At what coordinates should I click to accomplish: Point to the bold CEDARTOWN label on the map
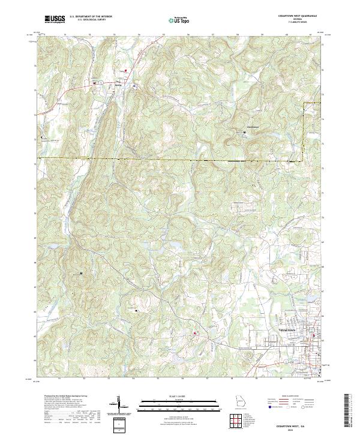pyautogui.click(x=288, y=330)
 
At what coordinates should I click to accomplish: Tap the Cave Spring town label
pyautogui.click(x=118, y=82)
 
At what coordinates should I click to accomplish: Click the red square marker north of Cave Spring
pyautogui.click(x=126, y=71)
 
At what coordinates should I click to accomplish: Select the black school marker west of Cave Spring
pyautogui.click(x=95, y=82)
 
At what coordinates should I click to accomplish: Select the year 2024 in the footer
pyautogui.click(x=297, y=428)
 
